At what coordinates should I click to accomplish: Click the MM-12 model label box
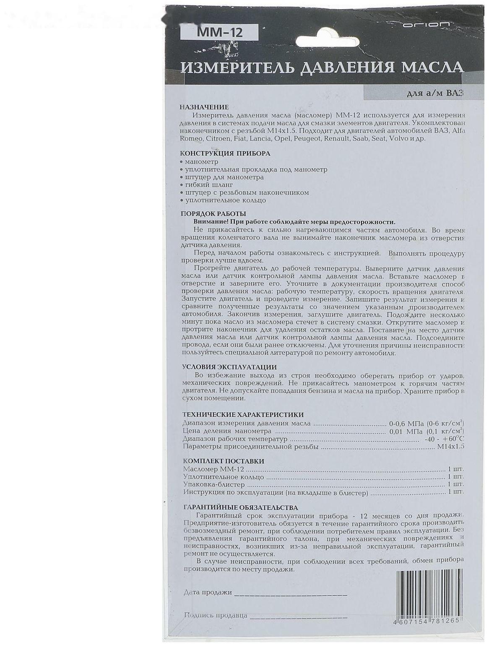[218, 32]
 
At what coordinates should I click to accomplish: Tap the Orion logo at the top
[426, 25]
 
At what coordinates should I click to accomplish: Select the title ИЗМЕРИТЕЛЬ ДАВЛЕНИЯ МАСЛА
[322, 68]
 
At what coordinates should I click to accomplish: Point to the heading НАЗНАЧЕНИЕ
[204, 107]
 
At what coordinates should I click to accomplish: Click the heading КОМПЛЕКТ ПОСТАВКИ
[224, 461]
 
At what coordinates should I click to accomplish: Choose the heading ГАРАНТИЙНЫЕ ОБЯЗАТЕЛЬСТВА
[240, 508]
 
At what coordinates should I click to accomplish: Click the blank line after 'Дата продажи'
[290, 595]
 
